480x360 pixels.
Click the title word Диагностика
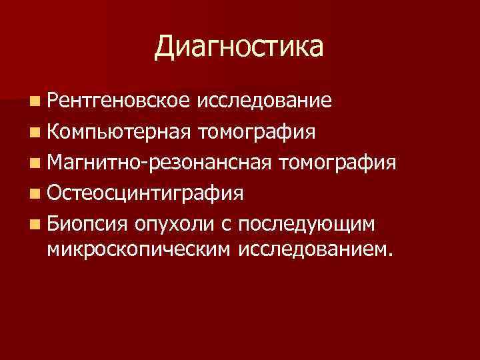239,48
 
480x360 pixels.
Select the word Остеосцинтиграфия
146,193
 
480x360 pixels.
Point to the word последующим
308,224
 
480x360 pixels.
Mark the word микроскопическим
137,249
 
